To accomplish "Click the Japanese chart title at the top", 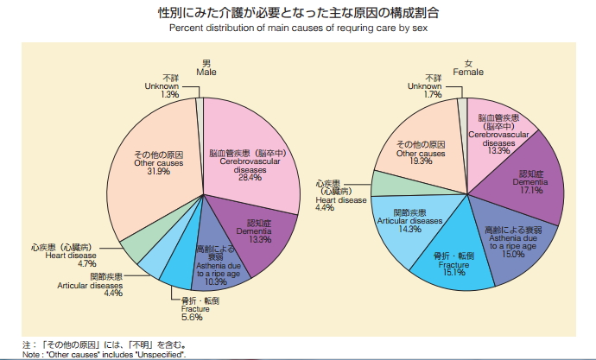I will [x=298, y=13].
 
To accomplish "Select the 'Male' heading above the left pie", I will [x=206, y=68].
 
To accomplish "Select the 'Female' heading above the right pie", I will [x=468, y=68].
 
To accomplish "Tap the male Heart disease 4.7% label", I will [x=81, y=256].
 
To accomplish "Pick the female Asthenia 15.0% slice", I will [x=513, y=242].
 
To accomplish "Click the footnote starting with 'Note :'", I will [x=104, y=354].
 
